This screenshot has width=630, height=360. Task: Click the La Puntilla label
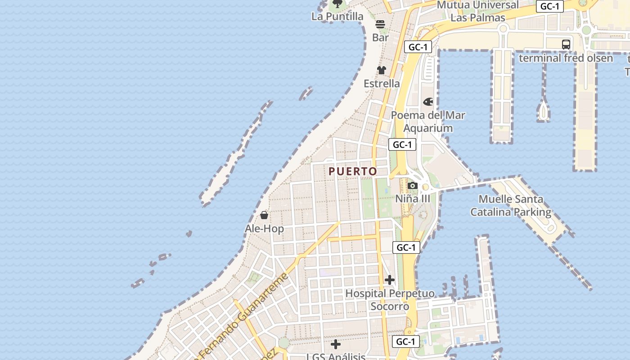337,17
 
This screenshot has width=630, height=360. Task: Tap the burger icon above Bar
380,24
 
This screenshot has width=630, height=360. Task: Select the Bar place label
380,37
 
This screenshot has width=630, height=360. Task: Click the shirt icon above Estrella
382,70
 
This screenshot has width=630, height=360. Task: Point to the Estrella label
382,84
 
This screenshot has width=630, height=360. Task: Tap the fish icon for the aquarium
428,102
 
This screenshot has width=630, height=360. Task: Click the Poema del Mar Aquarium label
428,121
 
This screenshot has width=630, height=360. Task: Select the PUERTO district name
353,171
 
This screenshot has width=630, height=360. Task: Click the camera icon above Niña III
413,185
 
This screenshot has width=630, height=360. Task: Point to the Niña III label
413,198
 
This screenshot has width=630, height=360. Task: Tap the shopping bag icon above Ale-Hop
264,216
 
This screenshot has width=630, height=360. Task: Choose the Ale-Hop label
264,229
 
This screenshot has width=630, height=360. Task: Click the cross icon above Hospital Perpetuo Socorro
390,280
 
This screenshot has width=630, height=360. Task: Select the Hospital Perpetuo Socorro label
390,300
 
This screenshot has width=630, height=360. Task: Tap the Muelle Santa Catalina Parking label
511,206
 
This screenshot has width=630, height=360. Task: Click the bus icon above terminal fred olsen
566,45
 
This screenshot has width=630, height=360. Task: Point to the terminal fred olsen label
566,58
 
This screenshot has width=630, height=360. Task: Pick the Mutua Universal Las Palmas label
477,11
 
